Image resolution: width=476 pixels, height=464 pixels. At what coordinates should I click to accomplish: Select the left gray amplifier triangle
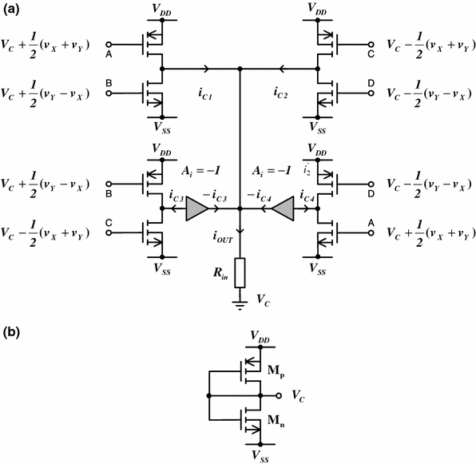click(196, 209)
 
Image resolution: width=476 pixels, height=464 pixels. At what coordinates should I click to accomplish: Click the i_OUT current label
click(224, 236)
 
